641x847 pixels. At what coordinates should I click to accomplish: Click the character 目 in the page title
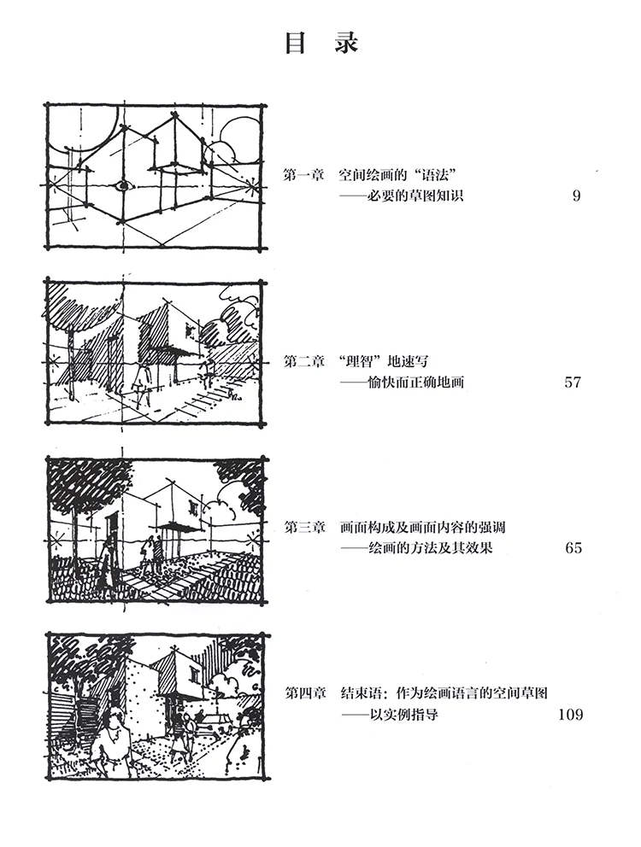tap(296, 44)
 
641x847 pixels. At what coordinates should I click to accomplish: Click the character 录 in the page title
tap(346, 44)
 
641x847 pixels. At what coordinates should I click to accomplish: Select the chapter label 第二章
tap(303, 362)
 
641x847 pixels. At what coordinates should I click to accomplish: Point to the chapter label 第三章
tap(303, 528)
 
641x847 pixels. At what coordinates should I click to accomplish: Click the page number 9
tap(576, 196)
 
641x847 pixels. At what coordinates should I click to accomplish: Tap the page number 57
tap(573, 382)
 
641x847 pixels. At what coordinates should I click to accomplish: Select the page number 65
tap(573, 547)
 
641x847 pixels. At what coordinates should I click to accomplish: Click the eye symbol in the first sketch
tap(123, 184)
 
